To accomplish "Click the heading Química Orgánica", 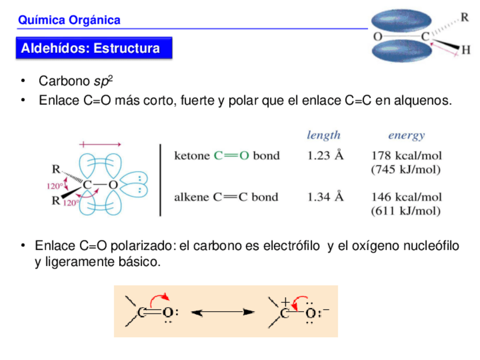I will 69,20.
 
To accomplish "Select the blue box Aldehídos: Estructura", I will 91,48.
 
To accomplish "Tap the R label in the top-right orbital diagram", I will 464,18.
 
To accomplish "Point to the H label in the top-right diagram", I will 465,50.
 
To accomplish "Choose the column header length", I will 324,135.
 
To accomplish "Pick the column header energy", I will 406,135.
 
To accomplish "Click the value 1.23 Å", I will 325,155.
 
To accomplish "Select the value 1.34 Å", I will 325,197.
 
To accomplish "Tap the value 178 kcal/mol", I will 406,155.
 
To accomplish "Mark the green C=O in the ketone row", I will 232,155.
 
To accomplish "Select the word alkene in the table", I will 191,197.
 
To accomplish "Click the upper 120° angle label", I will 54,185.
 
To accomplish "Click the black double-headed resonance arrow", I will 221,311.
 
